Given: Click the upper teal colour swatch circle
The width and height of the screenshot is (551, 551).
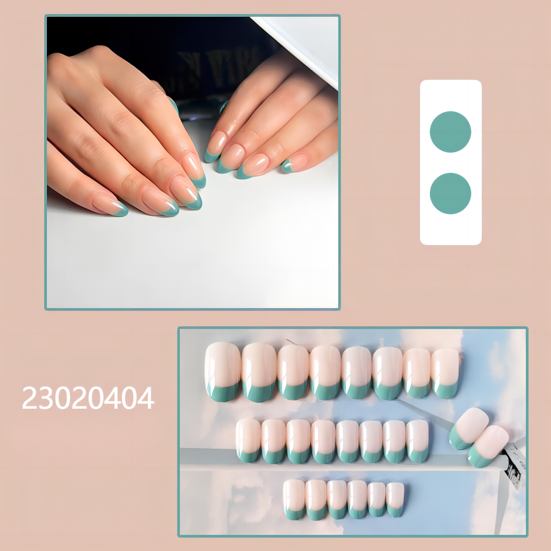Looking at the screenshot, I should (450, 132).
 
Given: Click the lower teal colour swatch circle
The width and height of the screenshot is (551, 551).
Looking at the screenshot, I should (450, 193).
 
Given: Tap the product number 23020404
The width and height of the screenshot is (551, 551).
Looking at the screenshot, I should (88, 398).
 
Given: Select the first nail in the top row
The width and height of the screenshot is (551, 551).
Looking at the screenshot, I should (223, 371).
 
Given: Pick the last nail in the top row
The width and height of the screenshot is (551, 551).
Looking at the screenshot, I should (445, 372).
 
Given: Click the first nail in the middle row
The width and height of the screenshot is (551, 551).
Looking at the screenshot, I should (249, 440).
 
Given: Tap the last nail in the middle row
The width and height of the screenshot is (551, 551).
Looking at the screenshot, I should (417, 441).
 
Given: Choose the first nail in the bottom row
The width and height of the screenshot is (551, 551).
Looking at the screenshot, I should (294, 498).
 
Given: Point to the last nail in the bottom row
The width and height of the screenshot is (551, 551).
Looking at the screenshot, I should (396, 499).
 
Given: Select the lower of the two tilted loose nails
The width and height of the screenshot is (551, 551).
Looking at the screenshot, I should (488, 446).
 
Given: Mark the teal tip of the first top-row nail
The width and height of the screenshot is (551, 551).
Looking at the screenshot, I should (223, 391).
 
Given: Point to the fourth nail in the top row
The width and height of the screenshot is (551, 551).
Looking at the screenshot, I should (326, 372).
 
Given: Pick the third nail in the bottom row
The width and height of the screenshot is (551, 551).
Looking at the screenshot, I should (337, 499).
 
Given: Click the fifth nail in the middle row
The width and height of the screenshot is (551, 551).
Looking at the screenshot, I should (348, 441).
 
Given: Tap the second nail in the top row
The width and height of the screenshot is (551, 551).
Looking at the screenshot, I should (259, 372).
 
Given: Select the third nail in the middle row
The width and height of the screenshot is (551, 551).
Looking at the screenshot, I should (299, 441).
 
